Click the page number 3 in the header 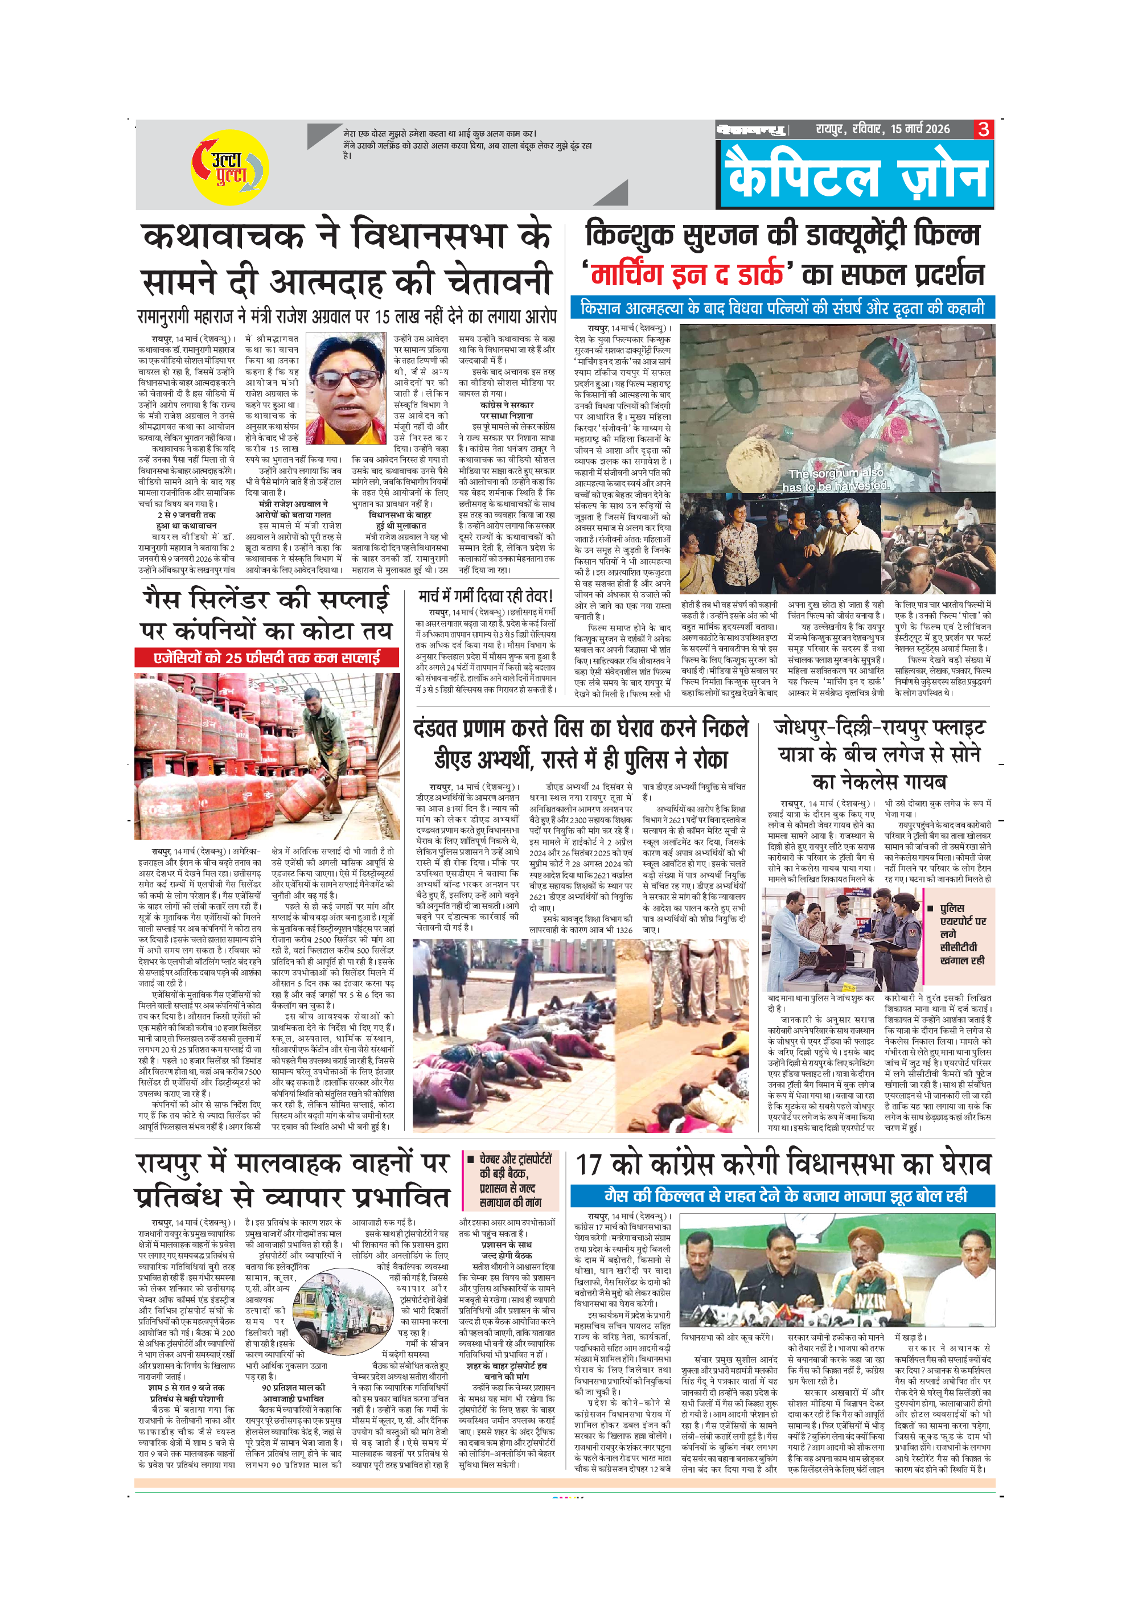pos(983,129)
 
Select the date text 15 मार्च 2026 pos(920,129)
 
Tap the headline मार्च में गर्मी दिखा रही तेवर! pos(486,596)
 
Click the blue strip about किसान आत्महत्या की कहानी pos(783,307)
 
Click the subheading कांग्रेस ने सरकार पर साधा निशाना pos(507,410)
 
